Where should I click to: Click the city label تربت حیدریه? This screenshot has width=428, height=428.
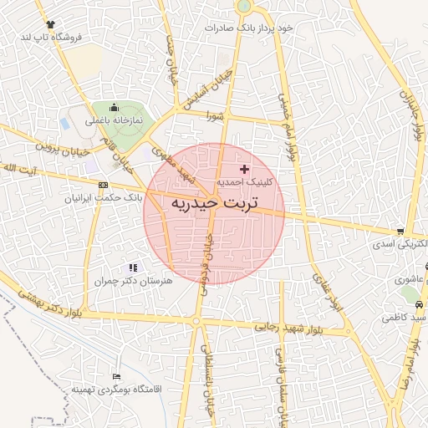coord(214,203)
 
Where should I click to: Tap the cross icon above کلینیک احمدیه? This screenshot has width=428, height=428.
coord(244,170)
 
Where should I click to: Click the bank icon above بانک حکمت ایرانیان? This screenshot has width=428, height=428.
coord(103,185)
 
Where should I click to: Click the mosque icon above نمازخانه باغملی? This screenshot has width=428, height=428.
coord(115,108)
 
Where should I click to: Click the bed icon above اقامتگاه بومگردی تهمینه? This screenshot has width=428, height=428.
coord(115,376)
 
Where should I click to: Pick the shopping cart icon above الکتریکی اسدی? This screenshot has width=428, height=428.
coord(400,232)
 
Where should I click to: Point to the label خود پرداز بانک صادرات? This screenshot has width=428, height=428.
coord(249,28)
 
